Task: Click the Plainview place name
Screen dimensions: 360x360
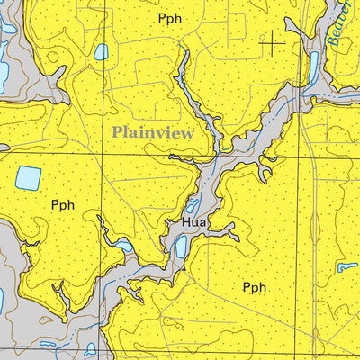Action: pos(152,131)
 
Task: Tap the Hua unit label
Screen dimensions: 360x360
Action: pos(193,221)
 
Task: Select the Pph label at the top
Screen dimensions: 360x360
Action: pos(169,18)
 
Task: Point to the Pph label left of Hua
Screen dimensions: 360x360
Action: pos(62,205)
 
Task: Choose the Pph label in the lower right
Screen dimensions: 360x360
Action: pos(255,287)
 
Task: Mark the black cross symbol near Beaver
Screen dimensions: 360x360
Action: pos(273,40)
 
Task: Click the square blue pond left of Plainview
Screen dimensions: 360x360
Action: pos(28,178)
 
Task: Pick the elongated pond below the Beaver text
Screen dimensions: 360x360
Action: pos(314,68)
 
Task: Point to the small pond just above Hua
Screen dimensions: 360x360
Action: pos(192,205)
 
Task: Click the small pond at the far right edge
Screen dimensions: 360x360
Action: pos(347,266)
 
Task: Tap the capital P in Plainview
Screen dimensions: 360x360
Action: pos(117,131)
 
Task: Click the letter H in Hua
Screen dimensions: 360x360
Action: pos(185,221)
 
